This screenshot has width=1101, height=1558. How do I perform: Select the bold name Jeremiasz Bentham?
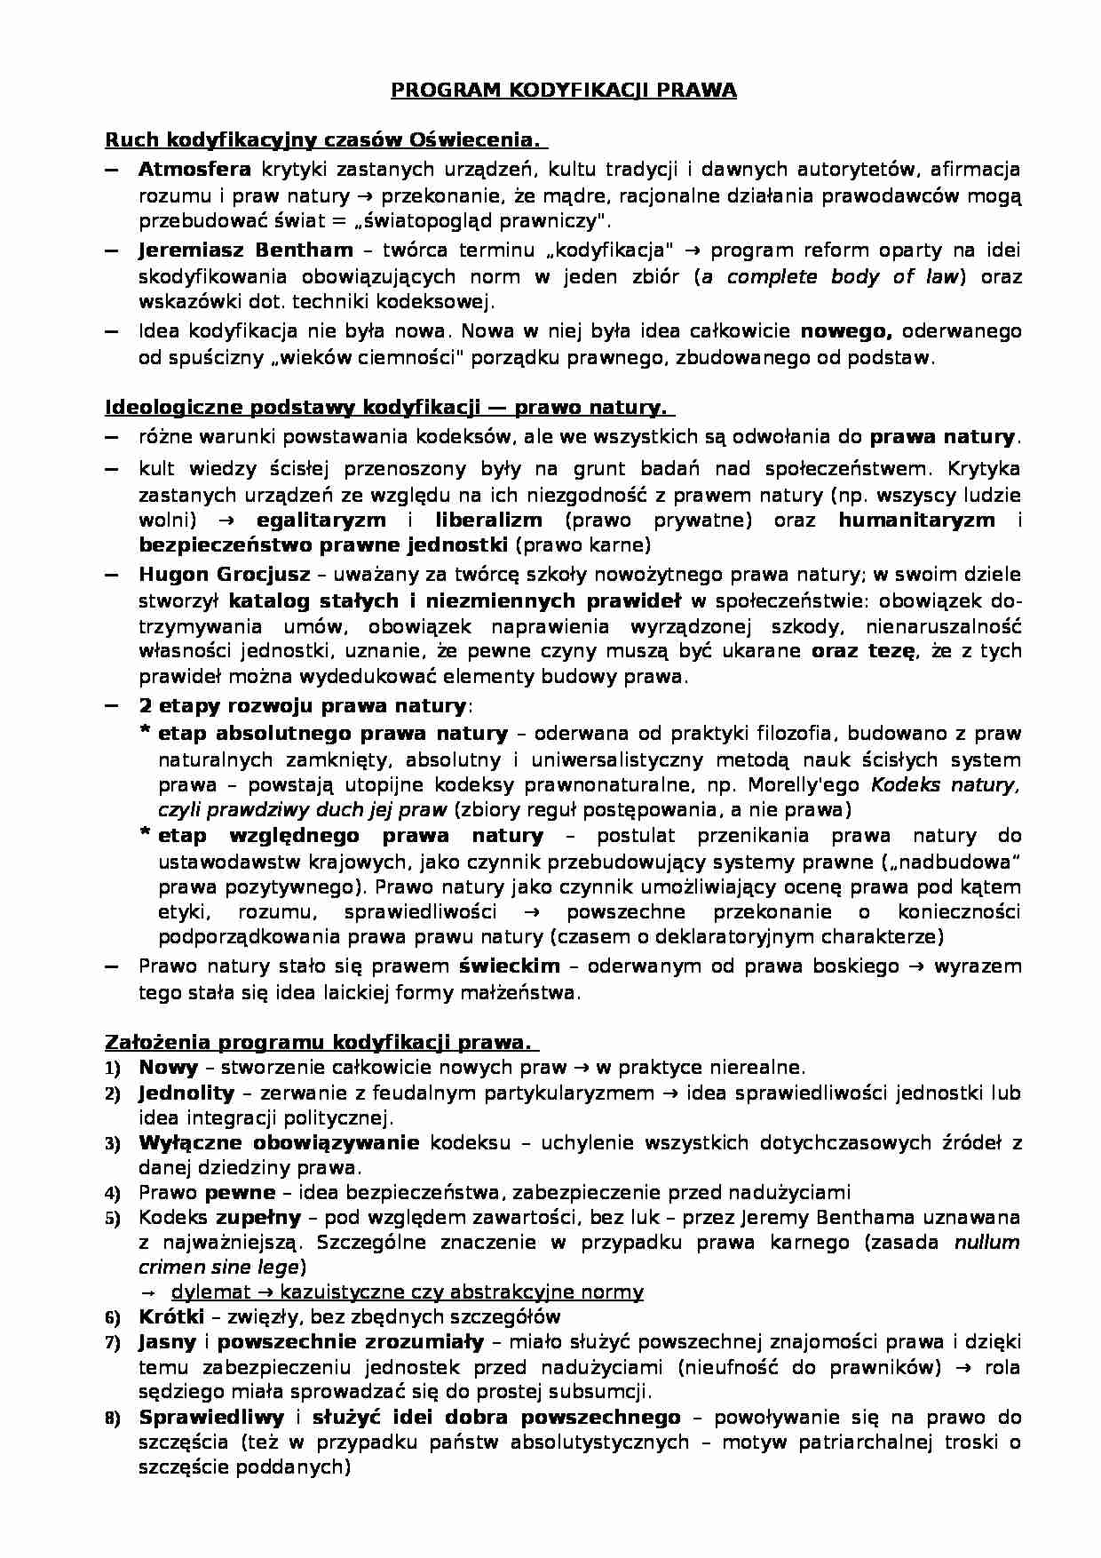(x=245, y=250)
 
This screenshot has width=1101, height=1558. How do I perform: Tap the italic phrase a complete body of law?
(x=830, y=277)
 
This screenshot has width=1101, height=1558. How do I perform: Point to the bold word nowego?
(x=845, y=331)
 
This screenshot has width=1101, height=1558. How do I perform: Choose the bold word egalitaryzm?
(x=321, y=520)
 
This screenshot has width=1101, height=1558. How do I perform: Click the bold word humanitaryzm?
(x=916, y=520)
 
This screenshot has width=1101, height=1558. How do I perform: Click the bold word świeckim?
(x=509, y=966)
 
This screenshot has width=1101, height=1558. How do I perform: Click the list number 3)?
(x=113, y=1144)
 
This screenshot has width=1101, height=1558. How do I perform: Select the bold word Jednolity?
(x=186, y=1093)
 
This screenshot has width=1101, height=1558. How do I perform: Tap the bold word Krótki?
(x=171, y=1316)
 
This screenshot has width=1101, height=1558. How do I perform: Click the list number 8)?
(x=113, y=1419)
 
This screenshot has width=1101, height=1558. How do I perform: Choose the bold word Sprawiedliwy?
(x=211, y=1418)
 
